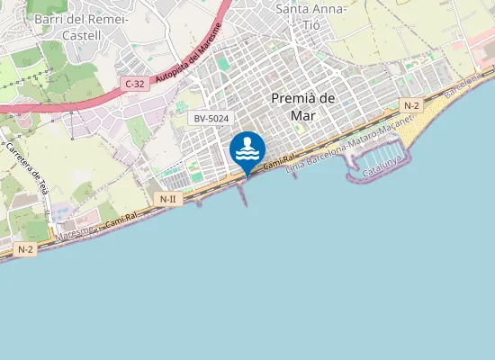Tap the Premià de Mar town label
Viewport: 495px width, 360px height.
[x=303, y=106]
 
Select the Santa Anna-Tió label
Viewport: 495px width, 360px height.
[x=311, y=16]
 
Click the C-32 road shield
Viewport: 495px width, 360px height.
[x=135, y=84]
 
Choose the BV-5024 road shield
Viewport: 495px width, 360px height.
[x=210, y=118]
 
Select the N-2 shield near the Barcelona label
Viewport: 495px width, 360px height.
[x=411, y=105]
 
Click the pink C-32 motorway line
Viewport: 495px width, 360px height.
[x=54, y=106]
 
